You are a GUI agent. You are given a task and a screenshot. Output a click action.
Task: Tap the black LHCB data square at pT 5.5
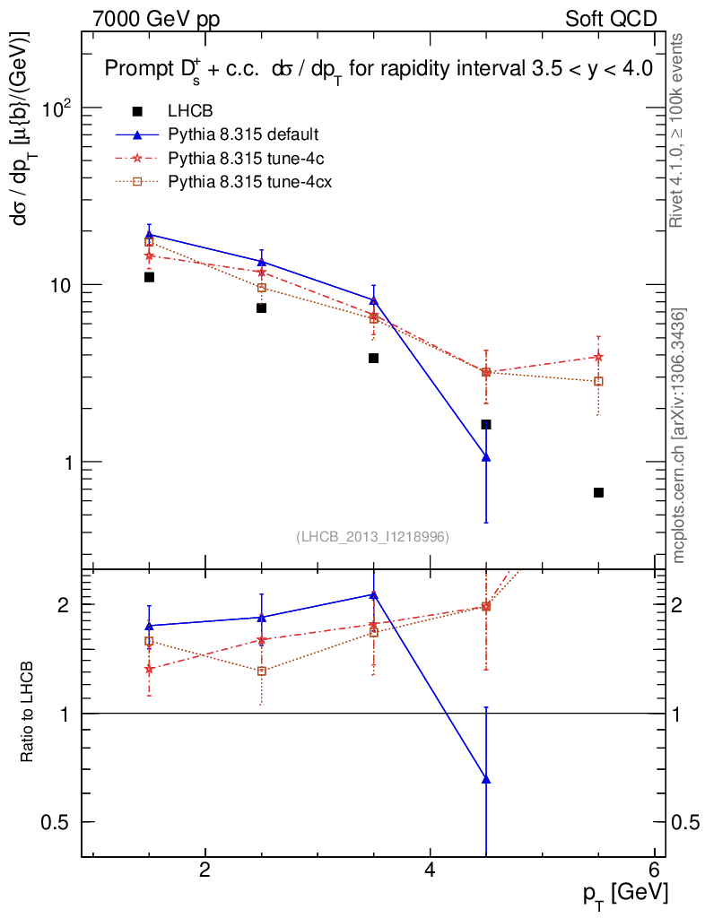point(598,492)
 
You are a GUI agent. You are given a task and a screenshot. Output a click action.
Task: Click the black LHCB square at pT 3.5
point(373,358)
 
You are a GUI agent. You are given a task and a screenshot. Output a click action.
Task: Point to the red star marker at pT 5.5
point(598,357)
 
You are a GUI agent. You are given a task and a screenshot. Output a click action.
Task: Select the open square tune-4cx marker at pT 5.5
point(598,381)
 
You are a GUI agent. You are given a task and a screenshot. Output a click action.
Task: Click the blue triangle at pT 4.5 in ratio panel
point(486,779)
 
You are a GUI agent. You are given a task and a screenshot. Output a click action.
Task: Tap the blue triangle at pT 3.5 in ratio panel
point(373,594)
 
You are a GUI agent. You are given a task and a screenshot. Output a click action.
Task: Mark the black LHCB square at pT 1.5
point(149,277)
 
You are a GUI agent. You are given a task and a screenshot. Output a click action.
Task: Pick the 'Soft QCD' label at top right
point(611,19)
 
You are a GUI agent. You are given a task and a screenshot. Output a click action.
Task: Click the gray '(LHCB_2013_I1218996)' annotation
point(372,536)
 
